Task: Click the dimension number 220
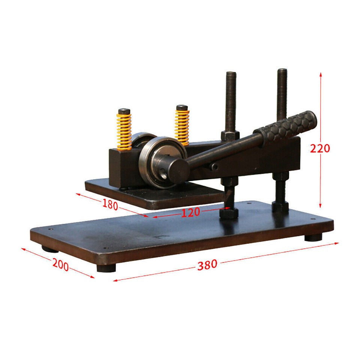(x=320, y=148)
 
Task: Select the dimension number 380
(x=207, y=265)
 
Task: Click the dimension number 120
(x=190, y=213)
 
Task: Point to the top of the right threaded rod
(x=282, y=70)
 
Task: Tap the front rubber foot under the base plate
(x=106, y=268)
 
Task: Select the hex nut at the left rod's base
(x=229, y=213)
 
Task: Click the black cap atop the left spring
(x=124, y=111)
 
